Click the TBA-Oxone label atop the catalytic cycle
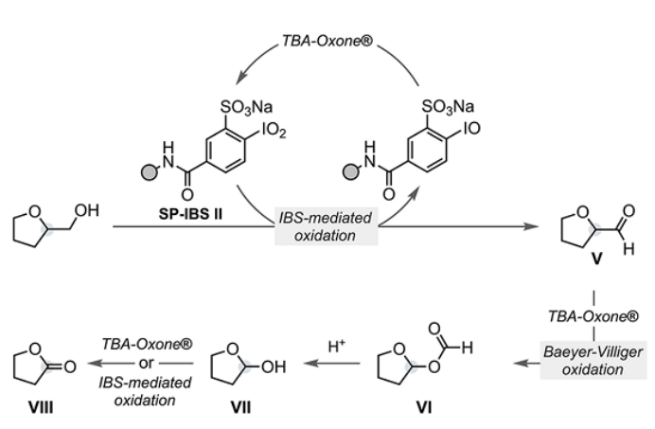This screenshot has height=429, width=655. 327,41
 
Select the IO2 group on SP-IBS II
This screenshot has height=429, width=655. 274,131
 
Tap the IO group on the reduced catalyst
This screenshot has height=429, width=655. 472,129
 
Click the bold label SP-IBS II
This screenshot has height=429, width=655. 190,214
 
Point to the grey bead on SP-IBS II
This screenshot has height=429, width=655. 150,171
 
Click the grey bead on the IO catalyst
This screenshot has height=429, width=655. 351,171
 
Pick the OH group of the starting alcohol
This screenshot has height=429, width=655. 87,210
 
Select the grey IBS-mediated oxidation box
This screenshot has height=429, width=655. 327,226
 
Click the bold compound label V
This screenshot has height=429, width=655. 596,259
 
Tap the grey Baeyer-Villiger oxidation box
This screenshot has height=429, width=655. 593,361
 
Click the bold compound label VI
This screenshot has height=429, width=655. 424,406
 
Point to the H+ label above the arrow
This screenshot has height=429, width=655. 337,346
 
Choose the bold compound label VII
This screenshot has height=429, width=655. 241,406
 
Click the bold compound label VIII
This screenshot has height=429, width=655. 41,406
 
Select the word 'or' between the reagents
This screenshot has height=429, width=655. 146,363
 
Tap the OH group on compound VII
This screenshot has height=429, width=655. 274,366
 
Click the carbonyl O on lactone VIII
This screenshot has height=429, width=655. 70,366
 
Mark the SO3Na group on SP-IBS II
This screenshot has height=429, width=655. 246,107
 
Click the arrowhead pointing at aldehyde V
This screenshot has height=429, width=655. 531,226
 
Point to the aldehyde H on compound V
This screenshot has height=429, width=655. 628,249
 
